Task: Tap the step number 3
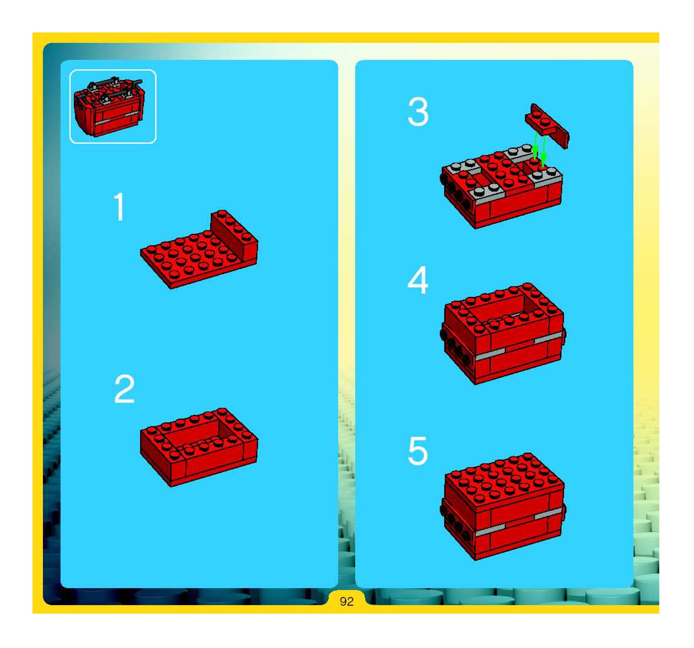pyautogui.click(x=418, y=112)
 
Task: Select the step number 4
pyautogui.click(x=418, y=280)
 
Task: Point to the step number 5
pyautogui.click(x=418, y=451)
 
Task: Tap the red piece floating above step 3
pyautogui.click(x=547, y=125)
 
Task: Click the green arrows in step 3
pyautogui.click(x=539, y=148)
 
